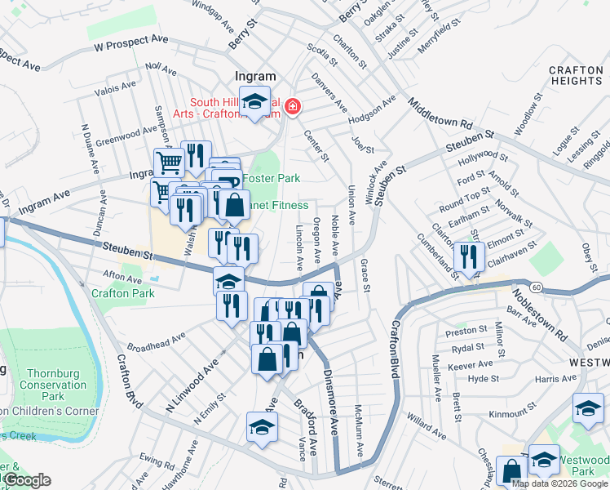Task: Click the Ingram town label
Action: pos(255,76)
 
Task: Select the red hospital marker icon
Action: pos(291,106)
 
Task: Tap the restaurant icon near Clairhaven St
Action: pos(469,256)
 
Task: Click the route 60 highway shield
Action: pos(536,287)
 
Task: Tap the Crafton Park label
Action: pos(122,293)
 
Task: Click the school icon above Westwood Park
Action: pos(543,459)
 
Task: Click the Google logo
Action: pos(26,481)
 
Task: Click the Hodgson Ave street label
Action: pos(371,110)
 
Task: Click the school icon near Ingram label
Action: pos(255,100)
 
